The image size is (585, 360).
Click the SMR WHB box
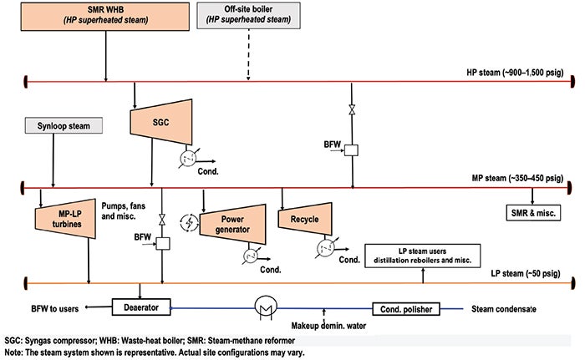pos(104,17)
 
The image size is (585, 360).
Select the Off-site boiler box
pos(248,16)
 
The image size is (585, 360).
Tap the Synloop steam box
pos(64,126)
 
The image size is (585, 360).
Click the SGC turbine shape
pos(161,122)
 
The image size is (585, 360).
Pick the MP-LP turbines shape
pos(65,219)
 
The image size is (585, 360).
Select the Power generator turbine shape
pos(233,224)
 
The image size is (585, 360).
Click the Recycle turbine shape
pos(305,219)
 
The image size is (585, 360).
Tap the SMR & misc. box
pos(533,213)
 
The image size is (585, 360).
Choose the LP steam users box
pos(422,256)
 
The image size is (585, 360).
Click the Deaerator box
pos(141,307)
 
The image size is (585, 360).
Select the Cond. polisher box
pos(406,309)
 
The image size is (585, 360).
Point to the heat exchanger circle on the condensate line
pos(266,307)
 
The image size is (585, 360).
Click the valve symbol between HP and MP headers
pos(352,109)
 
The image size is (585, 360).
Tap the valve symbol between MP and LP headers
pos(162,220)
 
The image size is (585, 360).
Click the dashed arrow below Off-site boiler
pos(248,54)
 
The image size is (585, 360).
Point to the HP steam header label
pos(515,73)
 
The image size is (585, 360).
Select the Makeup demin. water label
pos(328,326)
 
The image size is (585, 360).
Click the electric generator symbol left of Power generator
pos(189,223)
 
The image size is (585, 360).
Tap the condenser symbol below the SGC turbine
pos(188,159)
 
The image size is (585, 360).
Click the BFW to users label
pos(55,309)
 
